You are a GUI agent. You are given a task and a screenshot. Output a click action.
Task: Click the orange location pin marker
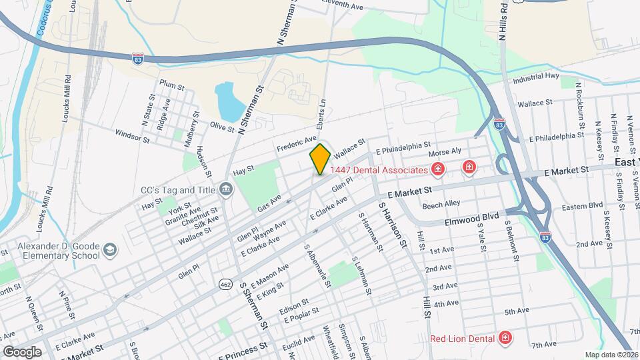click(320, 159)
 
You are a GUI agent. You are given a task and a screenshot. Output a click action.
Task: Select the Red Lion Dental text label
click(462, 338)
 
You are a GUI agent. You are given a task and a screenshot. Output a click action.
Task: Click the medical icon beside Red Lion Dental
click(505, 338)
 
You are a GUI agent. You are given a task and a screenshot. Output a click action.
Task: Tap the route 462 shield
click(225, 285)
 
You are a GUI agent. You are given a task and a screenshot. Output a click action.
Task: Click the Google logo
click(22, 351)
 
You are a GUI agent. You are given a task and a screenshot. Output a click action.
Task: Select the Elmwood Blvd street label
click(472, 217)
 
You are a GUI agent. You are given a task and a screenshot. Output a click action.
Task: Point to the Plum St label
click(171, 85)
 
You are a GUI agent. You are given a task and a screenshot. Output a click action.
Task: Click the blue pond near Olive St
click(229, 102)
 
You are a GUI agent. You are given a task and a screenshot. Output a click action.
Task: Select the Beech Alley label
click(441, 203)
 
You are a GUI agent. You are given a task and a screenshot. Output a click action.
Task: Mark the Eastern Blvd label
click(582, 207)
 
